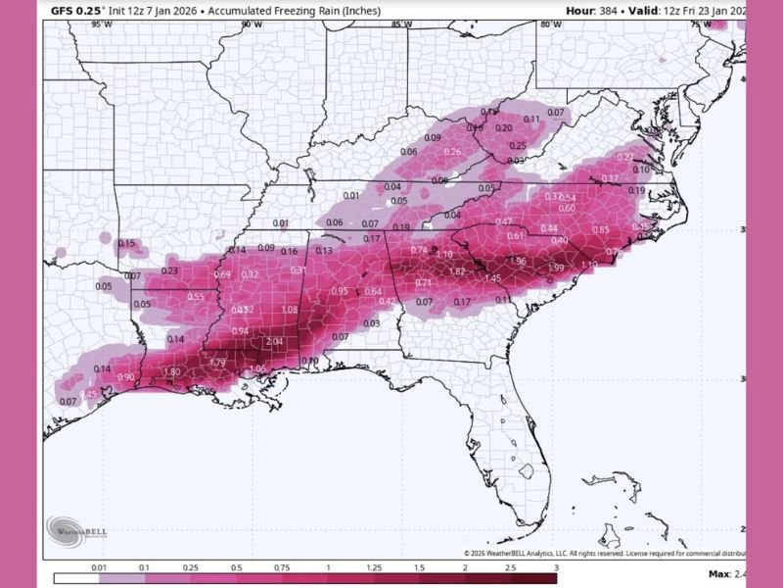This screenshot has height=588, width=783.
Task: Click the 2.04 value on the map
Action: coord(274,341)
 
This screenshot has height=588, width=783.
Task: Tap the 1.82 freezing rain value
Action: coord(456,271)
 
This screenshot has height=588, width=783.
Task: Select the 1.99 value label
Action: coord(555,268)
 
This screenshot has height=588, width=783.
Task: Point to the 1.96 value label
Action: coord(518,262)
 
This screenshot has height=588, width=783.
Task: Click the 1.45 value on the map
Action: coord(492,278)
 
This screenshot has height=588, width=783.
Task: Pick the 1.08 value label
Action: coord(290,310)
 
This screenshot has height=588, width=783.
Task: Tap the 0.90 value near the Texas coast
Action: coord(125,377)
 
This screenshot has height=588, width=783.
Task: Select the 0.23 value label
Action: coord(169,270)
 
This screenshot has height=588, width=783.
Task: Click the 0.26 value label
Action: coord(452,152)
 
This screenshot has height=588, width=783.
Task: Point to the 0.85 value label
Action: coord(601,229)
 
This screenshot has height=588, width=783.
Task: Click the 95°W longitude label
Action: coord(99,23)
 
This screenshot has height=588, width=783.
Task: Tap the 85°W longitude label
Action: coord(400,23)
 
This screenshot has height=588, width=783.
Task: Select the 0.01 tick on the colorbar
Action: coord(99,567)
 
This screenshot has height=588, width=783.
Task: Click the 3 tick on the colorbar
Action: coord(556,567)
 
